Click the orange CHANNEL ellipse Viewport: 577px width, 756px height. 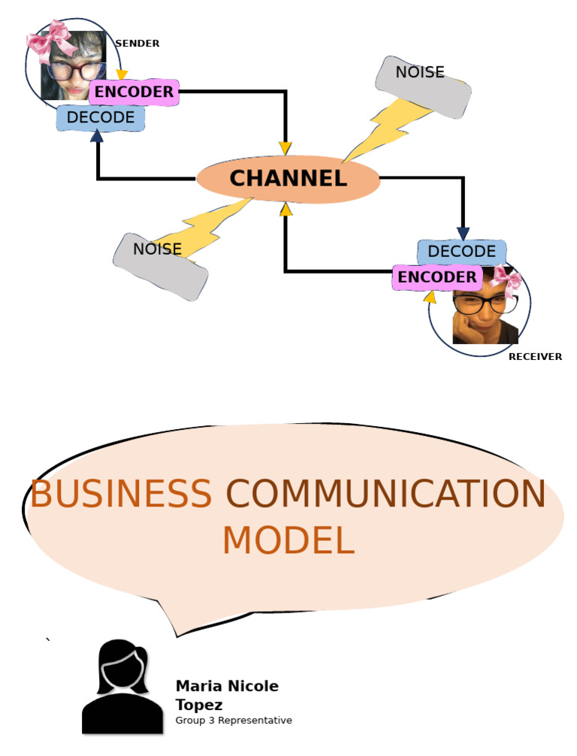pos(288,179)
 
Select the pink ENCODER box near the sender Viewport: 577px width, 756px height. pos(134,92)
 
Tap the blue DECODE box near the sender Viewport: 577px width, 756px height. pos(100,118)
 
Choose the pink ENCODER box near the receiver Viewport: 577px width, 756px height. pos(437,277)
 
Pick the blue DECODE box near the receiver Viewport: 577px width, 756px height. pos(461,251)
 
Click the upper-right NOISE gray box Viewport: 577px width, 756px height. pos(423,87)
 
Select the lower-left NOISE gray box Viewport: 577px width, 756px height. pos(160,265)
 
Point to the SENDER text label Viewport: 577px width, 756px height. pos(137,44)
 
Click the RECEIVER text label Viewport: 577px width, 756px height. pos(535,357)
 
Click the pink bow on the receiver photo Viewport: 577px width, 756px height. pos(507,283)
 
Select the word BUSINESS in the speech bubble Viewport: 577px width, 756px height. pos(120,494)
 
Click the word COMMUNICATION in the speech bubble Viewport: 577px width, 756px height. pos(385,494)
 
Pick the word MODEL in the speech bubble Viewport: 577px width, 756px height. pos(288,540)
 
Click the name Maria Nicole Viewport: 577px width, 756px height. pos(227,686)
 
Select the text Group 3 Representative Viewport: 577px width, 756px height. pos(234,721)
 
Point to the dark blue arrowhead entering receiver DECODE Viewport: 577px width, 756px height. pos(463,233)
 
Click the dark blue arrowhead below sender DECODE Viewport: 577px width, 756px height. pos(97,135)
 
